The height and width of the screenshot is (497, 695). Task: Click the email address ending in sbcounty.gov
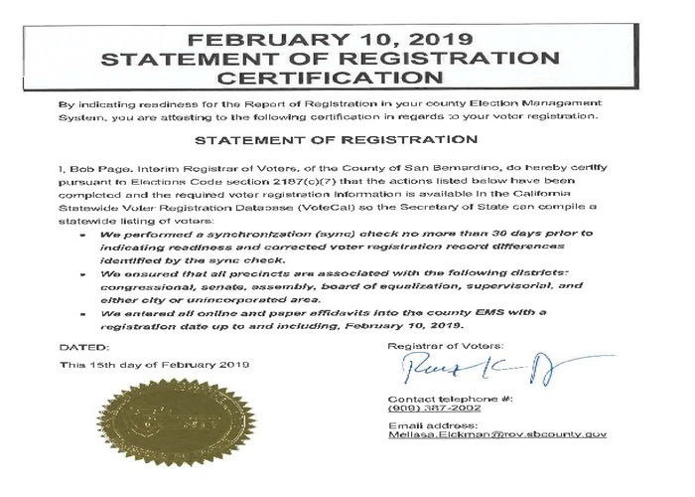pyautogui.click(x=497, y=434)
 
